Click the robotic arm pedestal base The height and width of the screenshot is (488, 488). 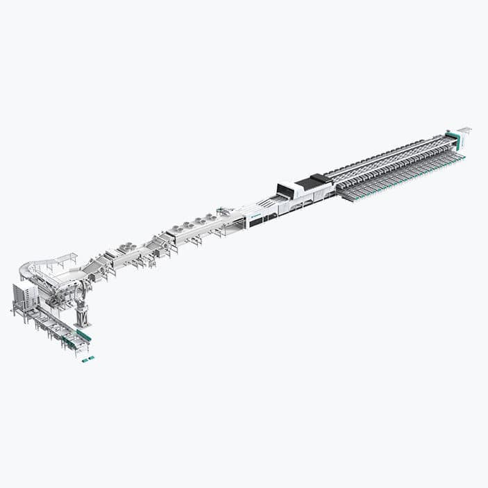click(x=83, y=320)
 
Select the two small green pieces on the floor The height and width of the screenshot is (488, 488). click(x=88, y=358)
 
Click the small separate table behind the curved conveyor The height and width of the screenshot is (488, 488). click(x=66, y=258)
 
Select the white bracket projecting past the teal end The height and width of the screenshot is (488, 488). click(x=464, y=130)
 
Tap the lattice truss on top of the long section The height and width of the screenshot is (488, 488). click(x=389, y=155)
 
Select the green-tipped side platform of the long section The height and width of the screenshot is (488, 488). click(x=403, y=178)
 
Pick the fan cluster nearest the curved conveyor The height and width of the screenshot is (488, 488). click(x=128, y=246)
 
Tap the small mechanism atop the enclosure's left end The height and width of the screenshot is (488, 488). click(x=224, y=211)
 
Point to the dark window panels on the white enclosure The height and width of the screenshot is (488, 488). click(x=264, y=221)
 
